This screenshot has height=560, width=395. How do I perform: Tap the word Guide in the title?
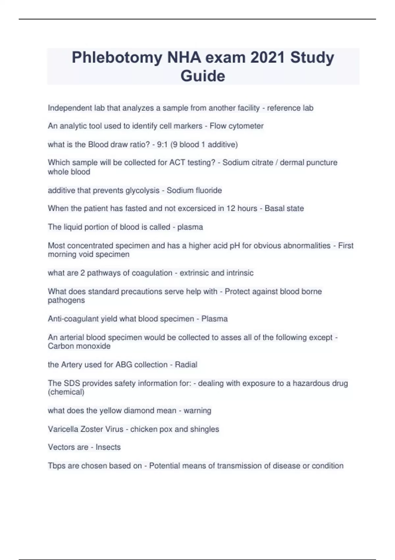[x=203, y=76]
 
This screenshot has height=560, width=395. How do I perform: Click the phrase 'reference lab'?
[x=290, y=108]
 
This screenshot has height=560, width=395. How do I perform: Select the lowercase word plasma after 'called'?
[x=190, y=227]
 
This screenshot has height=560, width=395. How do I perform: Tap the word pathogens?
[x=66, y=300]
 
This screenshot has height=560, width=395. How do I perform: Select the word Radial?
[x=186, y=365]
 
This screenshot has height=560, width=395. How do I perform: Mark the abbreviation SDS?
[x=72, y=383]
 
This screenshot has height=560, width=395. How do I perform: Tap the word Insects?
[x=108, y=447]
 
